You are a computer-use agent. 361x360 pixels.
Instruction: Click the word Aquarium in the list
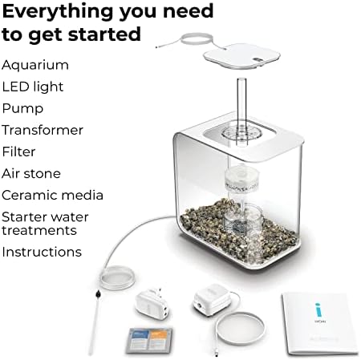point(35,66)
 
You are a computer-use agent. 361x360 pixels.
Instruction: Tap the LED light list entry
point(33,87)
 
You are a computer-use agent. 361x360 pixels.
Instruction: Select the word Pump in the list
point(22,109)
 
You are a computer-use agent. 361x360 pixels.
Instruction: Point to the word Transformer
point(43,130)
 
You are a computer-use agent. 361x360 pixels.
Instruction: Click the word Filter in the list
point(18,152)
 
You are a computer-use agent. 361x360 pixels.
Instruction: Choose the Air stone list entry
point(31,174)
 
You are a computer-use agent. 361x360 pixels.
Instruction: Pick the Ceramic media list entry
point(52,195)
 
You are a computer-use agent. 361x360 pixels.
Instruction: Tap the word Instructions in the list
point(42,252)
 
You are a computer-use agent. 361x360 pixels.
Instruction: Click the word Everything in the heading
point(59,12)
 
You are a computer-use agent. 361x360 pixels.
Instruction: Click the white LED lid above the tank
point(241,56)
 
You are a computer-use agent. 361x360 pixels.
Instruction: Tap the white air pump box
point(213,300)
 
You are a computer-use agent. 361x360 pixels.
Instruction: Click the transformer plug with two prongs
point(151,303)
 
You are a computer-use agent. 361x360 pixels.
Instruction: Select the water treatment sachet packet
point(150,341)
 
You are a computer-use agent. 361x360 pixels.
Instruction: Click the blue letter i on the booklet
point(318,311)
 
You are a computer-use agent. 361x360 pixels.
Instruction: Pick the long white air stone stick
point(94,322)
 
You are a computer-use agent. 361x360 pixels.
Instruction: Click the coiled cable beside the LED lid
point(196,40)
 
